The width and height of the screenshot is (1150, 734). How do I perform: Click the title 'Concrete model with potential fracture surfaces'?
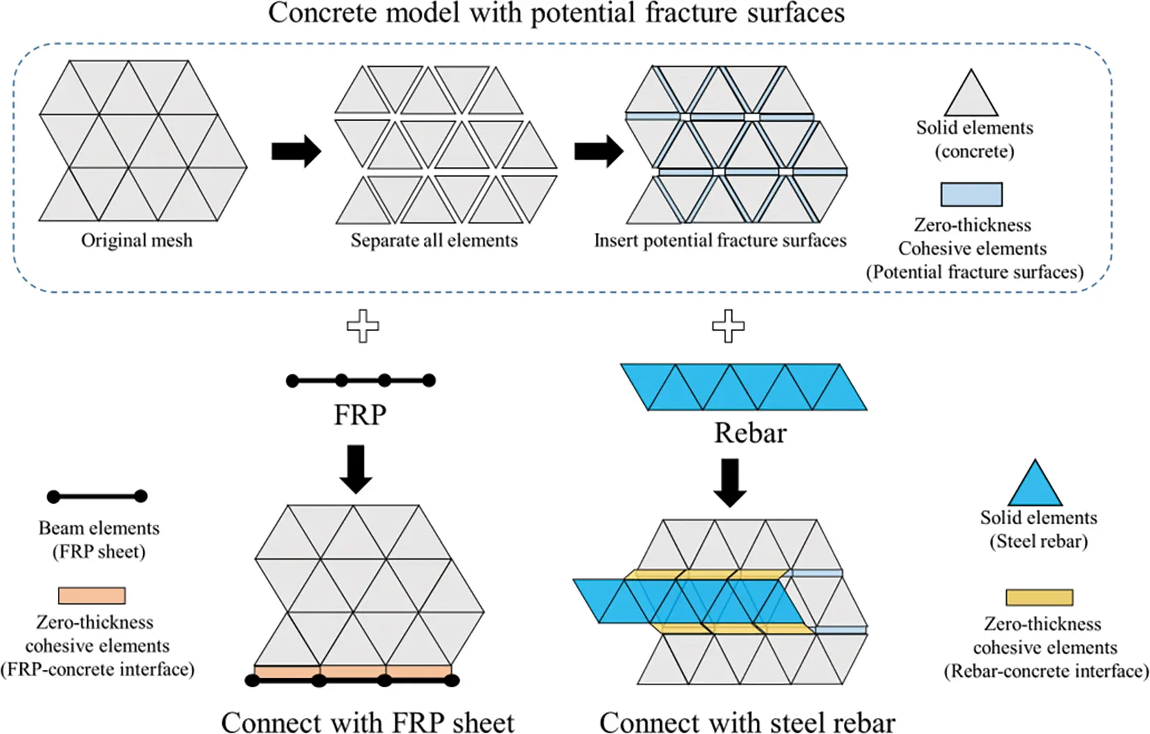(556, 13)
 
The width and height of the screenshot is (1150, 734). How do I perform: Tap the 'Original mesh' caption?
(137, 240)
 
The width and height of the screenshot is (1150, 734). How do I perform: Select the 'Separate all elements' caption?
(434, 240)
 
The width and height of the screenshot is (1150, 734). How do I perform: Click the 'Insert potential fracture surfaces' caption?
(720, 240)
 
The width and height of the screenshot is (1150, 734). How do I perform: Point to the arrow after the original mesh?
(296, 151)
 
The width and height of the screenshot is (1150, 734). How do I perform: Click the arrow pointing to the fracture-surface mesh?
(599, 151)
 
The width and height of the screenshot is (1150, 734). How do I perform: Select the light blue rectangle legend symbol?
(971, 194)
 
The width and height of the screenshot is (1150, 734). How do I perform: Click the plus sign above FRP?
(363, 326)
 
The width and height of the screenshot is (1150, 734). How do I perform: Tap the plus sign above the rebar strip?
(728, 326)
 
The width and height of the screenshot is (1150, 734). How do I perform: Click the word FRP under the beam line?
(360, 415)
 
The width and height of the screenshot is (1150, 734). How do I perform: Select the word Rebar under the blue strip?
(750, 434)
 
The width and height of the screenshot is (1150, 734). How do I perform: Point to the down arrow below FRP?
(356, 469)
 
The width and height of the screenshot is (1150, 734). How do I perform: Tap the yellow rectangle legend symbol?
(1038, 597)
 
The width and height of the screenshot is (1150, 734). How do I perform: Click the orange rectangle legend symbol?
(91, 595)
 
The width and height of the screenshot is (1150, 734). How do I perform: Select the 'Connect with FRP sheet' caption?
(367, 722)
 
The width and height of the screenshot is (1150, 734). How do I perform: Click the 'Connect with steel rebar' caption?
(746, 722)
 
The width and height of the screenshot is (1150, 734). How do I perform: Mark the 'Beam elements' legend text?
(98, 528)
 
